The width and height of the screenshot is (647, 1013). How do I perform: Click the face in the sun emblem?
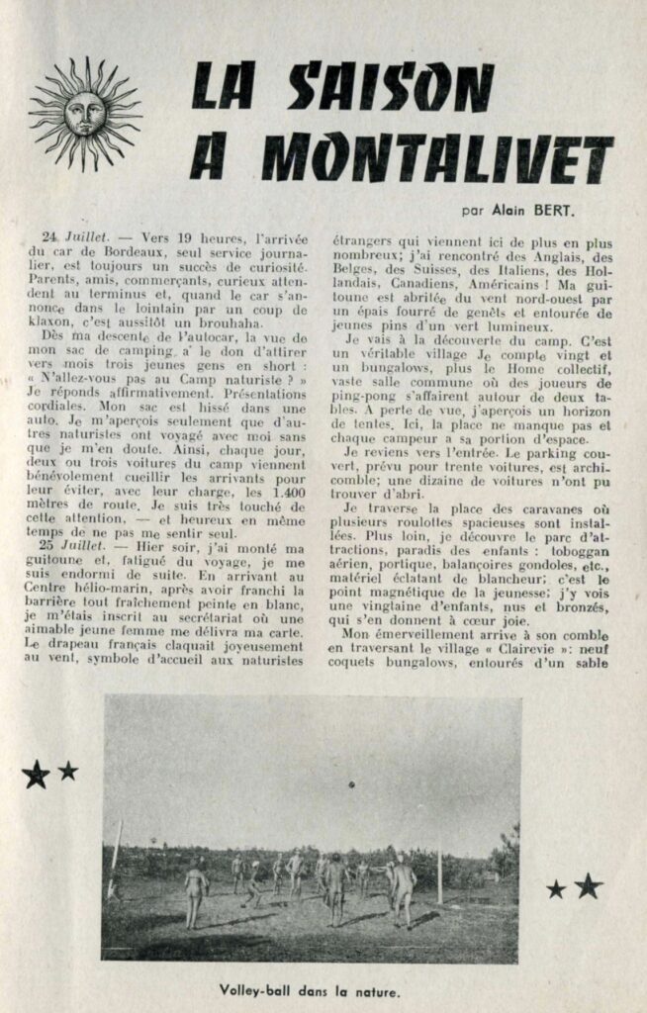pyautogui.click(x=84, y=114)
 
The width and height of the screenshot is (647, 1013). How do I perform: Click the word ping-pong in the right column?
pyautogui.click(x=366, y=400)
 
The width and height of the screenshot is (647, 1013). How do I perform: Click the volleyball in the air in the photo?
pyautogui.click(x=352, y=783)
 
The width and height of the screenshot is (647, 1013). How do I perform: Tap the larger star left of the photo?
pyautogui.click(x=35, y=774)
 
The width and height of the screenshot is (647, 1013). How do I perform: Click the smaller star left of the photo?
pyautogui.click(x=67, y=770)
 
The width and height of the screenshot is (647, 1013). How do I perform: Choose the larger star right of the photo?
pyautogui.click(x=588, y=885)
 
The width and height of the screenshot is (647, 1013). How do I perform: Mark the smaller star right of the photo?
pyautogui.click(x=556, y=889)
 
